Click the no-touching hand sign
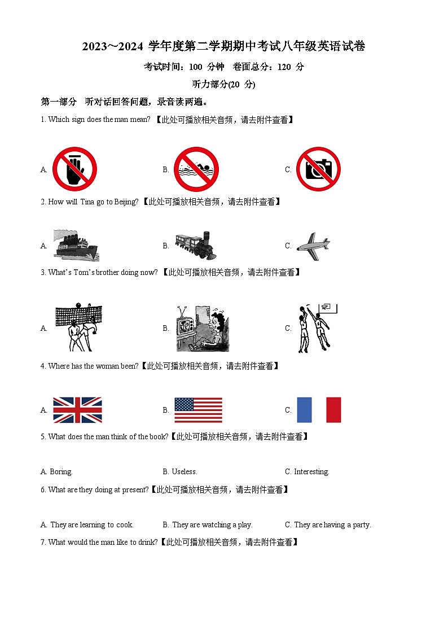click(74, 169)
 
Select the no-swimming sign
click(196, 169)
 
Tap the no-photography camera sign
click(318, 169)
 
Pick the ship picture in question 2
click(76, 245)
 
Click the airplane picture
click(313, 244)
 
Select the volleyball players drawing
click(78, 327)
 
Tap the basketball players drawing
click(314, 327)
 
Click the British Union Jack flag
click(77, 410)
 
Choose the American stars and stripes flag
click(198, 410)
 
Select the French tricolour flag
click(319, 410)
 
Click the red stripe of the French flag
click(333, 410)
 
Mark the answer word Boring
click(61, 472)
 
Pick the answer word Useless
click(184, 472)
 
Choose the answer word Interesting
click(311, 472)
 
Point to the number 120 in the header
click(284, 67)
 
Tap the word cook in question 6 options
click(124, 525)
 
